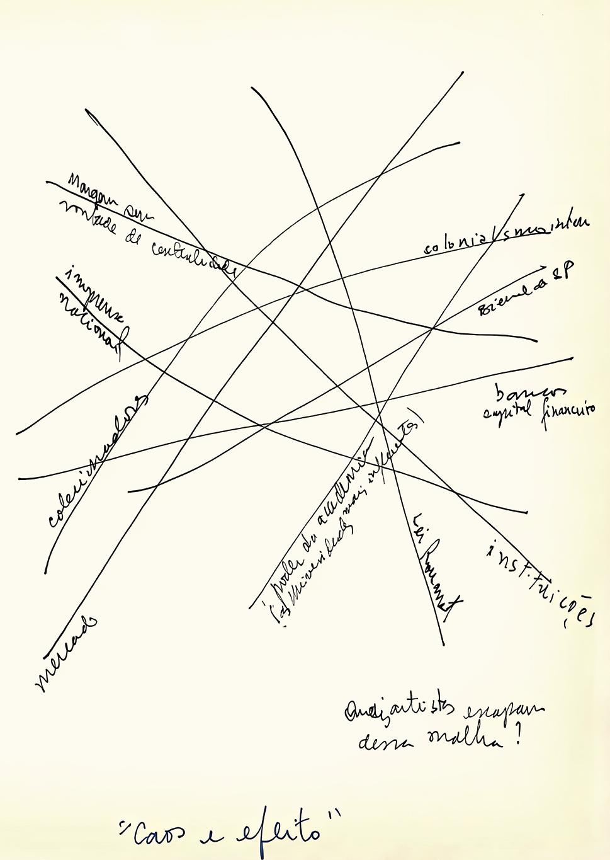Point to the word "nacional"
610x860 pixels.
94,328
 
